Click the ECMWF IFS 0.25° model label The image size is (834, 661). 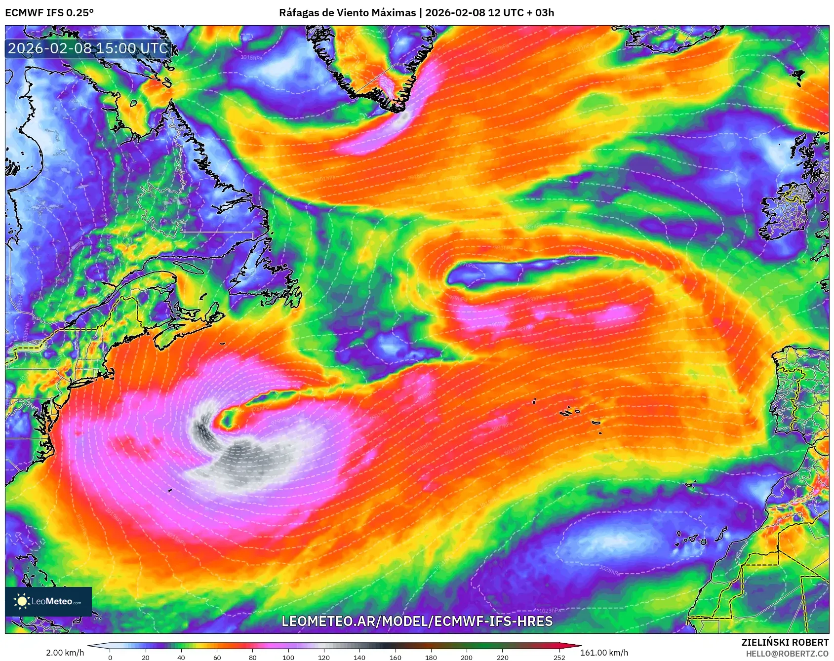pos(49,13)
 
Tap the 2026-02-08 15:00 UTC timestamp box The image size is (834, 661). pos(88,48)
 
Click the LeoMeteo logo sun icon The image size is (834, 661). pos(22,601)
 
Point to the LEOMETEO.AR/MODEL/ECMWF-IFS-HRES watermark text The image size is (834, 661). pos(417,621)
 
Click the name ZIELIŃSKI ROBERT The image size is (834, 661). pos(785,642)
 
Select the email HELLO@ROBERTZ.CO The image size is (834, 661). pos(787,654)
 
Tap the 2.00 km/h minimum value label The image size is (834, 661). pos(65,653)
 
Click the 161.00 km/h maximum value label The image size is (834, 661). pos(604,653)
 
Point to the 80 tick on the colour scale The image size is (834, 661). pos(253,657)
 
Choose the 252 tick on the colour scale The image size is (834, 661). pos(559,657)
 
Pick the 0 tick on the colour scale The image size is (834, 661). pos(110,657)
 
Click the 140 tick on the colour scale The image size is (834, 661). pos(359,657)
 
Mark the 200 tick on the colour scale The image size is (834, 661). pos(467,657)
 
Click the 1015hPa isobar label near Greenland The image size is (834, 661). pos(251,58)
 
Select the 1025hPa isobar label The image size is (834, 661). pos(610,570)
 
